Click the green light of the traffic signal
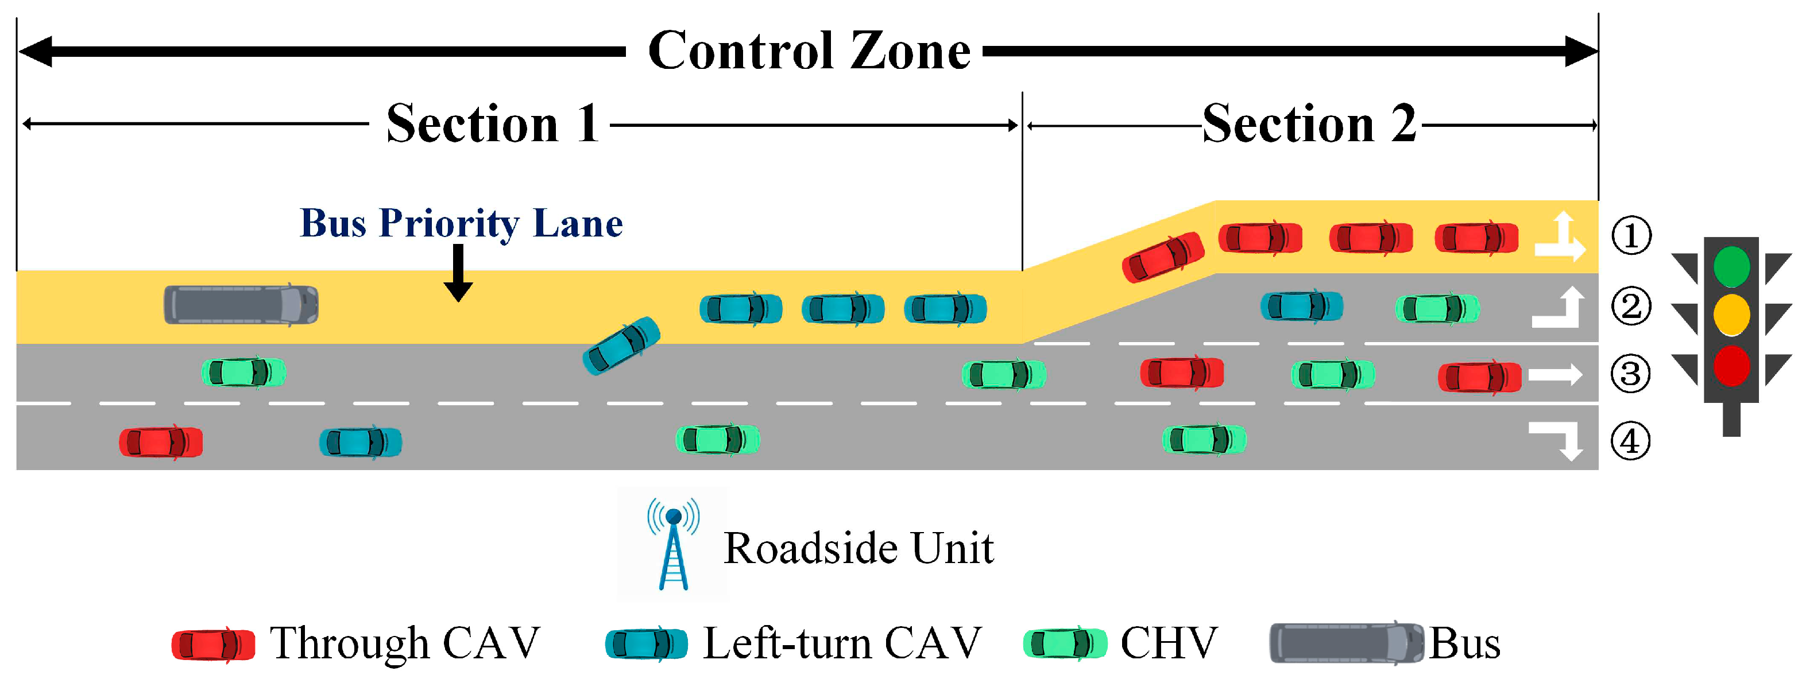click(1731, 266)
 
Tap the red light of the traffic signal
click(1731, 366)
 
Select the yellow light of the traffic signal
click(1731, 315)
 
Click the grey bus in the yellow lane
click(241, 305)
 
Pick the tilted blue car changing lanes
click(621, 346)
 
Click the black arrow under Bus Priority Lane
click(458, 273)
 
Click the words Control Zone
click(809, 51)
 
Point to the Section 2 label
click(1309, 124)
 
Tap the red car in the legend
click(214, 644)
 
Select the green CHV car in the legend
click(1065, 643)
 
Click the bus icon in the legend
click(1346, 643)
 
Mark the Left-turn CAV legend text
click(842, 643)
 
